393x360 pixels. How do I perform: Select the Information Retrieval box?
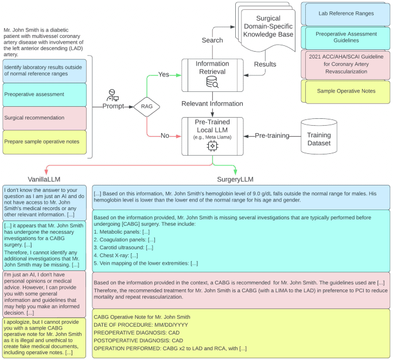tap(212, 75)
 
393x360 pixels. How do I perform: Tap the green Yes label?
tap(164, 74)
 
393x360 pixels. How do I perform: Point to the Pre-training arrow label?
tap(273, 136)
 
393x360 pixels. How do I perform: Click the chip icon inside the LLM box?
tap(212, 147)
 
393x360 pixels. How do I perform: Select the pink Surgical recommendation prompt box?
tap(44, 117)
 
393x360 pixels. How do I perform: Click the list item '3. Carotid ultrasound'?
tap(124, 247)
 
